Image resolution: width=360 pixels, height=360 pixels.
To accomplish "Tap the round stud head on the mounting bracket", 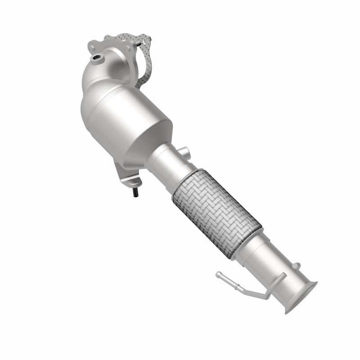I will click(x=133, y=182).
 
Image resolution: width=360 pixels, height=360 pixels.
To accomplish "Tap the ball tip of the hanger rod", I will click(x=219, y=274).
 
